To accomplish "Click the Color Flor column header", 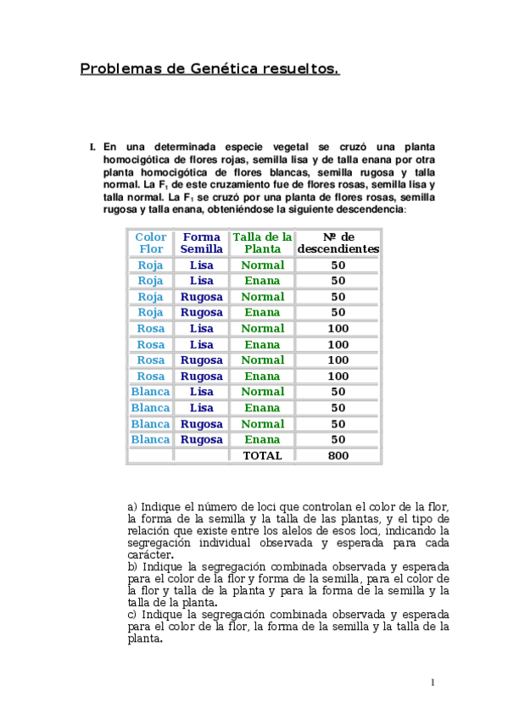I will [151, 243].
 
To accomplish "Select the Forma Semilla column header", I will [202, 243].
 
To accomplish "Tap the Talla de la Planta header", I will [262, 243].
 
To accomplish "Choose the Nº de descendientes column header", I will [338, 243].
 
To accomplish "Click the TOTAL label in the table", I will [262, 455].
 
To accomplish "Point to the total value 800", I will [338, 455].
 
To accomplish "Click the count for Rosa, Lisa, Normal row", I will [338, 328].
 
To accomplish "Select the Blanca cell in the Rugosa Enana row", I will [151, 439].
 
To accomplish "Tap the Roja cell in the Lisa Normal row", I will [151, 265].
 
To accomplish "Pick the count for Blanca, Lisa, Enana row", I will [338, 408].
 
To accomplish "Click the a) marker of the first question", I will [132, 507].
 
